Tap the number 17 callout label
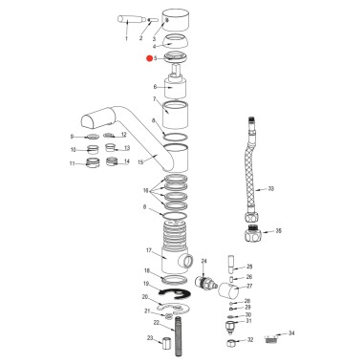click(x=148, y=252)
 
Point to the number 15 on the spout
click(x=140, y=161)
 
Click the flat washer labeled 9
click(x=92, y=138)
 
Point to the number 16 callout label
click(x=146, y=191)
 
